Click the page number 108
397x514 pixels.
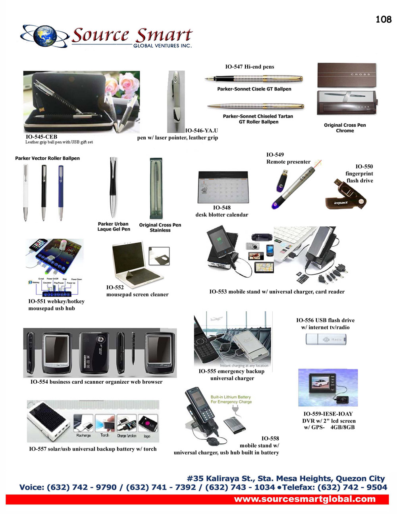pyautogui.click(x=383, y=19)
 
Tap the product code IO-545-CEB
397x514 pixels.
pyautogui.click(x=41, y=137)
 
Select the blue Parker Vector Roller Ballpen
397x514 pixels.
pyautogui.click(x=61, y=192)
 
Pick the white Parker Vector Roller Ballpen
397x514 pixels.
pyautogui.click(x=25, y=192)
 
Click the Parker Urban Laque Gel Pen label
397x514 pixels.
pyautogui.click(x=114, y=226)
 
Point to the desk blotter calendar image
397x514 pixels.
pyautogui.click(x=223, y=187)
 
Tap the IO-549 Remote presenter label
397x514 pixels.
pyautogui.click(x=288, y=158)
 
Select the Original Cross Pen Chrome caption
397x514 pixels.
pyautogui.click(x=345, y=128)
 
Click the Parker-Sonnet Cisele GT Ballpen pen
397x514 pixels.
pyautogui.click(x=254, y=79)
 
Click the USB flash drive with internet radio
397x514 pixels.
pyautogui.click(x=326, y=340)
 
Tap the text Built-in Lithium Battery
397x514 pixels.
pyautogui.click(x=230, y=397)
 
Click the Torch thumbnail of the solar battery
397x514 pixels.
pyautogui.click(x=105, y=425)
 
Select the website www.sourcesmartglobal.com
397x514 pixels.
pyautogui.click(x=304, y=499)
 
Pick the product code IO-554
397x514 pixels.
pyautogui.click(x=39, y=382)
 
